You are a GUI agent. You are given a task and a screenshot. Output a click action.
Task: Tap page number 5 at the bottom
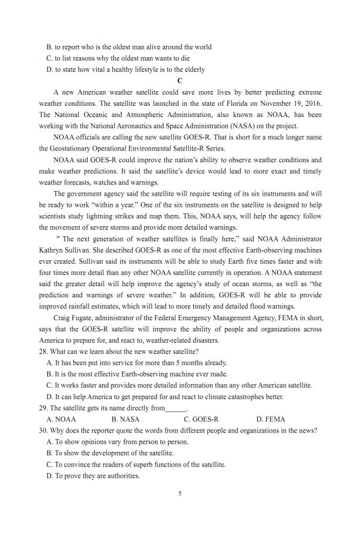click(180, 494)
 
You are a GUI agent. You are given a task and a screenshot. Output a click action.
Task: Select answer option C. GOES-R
click(201, 419)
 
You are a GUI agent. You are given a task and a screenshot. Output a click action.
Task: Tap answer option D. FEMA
click(271, 419)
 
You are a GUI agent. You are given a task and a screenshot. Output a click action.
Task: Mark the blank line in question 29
click(176, 408)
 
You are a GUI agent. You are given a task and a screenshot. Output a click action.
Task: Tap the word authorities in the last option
click(121, 475)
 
